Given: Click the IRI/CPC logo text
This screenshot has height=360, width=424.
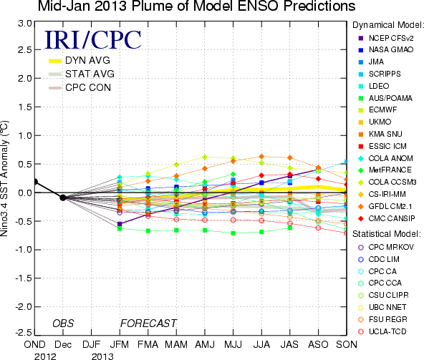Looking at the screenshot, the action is [x=93, y=39].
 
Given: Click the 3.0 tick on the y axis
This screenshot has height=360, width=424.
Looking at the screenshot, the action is [x=25, y=24].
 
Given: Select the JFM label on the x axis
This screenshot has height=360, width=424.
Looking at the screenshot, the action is [x=120, y=344].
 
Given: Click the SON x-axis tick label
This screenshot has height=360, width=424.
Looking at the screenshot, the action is [x=347, y=344].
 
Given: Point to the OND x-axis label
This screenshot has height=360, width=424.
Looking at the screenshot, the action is [x=34, y=344].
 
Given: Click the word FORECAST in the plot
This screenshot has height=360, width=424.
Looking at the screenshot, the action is [x=148, y=323].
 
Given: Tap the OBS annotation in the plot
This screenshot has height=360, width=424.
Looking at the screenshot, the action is [x=63, y=323].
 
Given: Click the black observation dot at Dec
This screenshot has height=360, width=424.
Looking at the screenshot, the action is [x=63, y=198].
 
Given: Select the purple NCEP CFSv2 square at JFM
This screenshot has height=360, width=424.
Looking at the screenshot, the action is [x=120, y=224].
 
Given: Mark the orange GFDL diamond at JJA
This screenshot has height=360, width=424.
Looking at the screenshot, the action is [x=261, y=156].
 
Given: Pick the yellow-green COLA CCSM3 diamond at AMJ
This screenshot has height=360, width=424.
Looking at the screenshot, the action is [x=205, y=157].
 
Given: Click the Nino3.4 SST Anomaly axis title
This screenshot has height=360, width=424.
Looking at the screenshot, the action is [x=4, y=178].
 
